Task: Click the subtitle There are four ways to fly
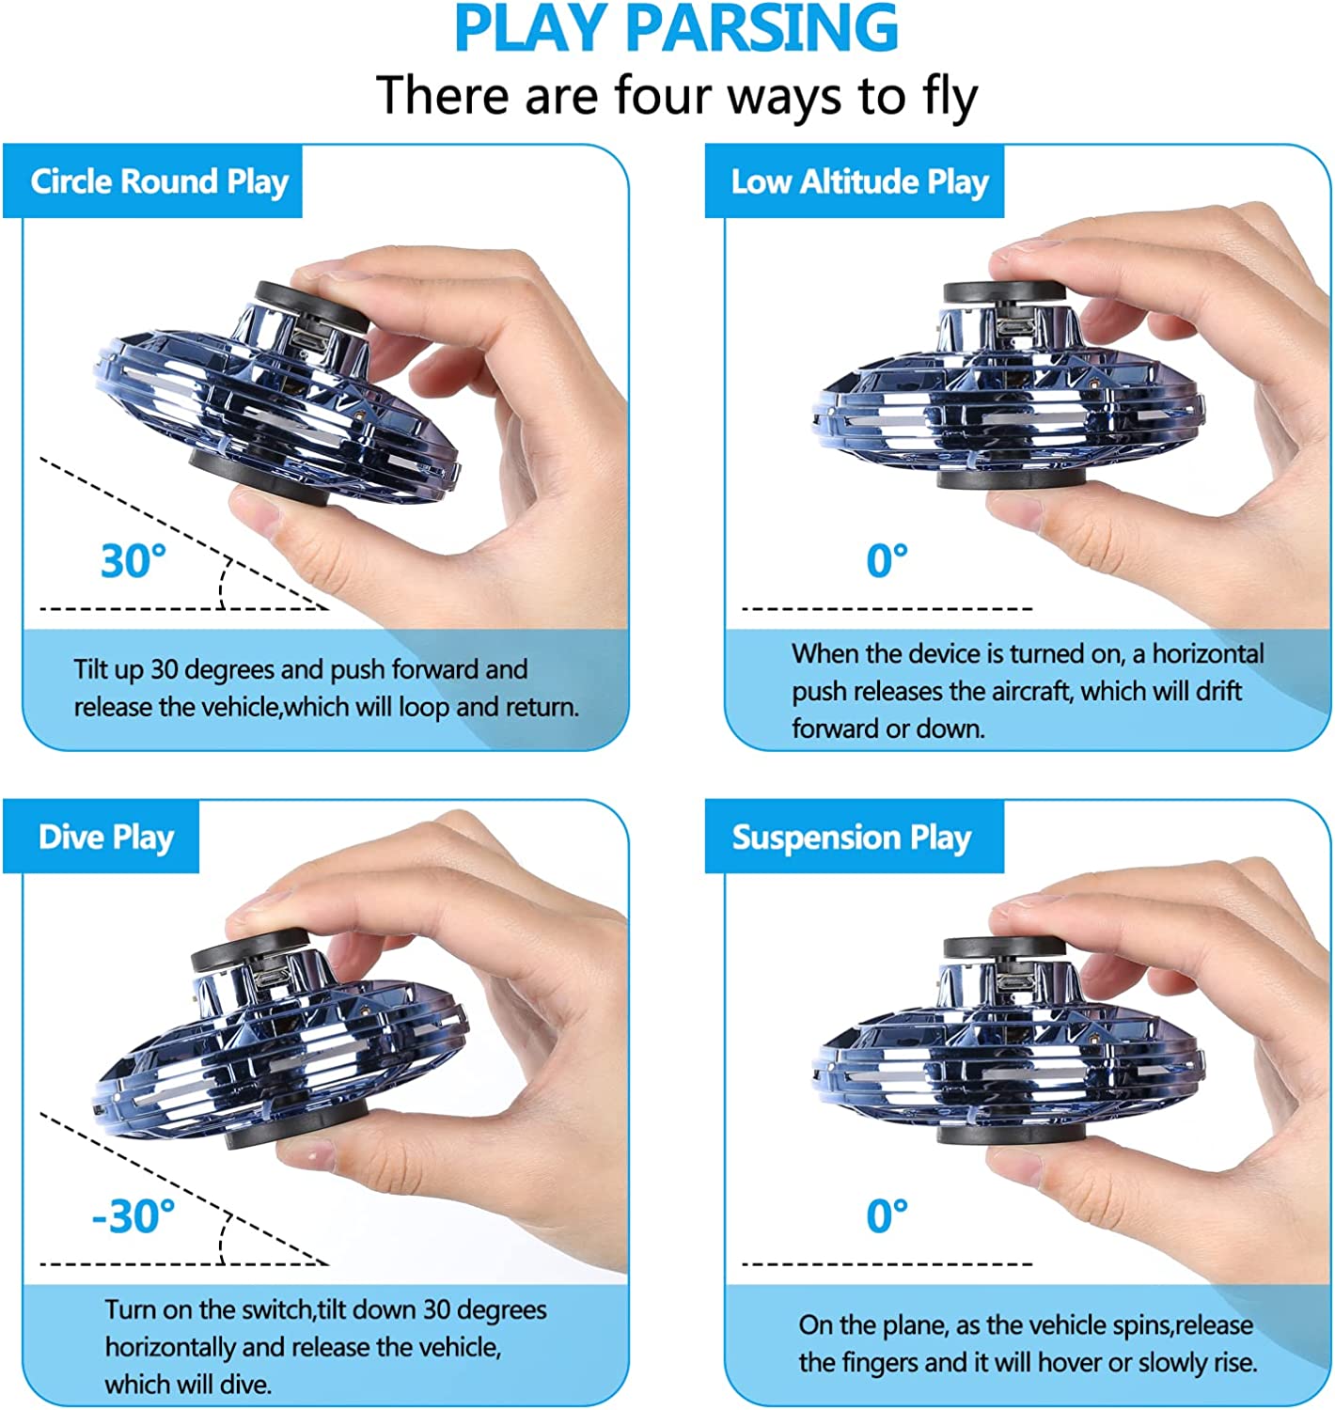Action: (x=676, y=96)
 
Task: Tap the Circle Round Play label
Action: (x=159, y=181)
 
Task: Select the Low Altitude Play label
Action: (x=859, y=181)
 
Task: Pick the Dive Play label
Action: (x=105, y=838)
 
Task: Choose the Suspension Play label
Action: (x=851, y=838)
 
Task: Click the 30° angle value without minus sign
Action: (x=133, y=561)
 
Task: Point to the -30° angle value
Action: (x=133, y=1216)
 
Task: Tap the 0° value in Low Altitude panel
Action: (x=887, y=561)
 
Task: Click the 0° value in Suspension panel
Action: (x=887, y=1216)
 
